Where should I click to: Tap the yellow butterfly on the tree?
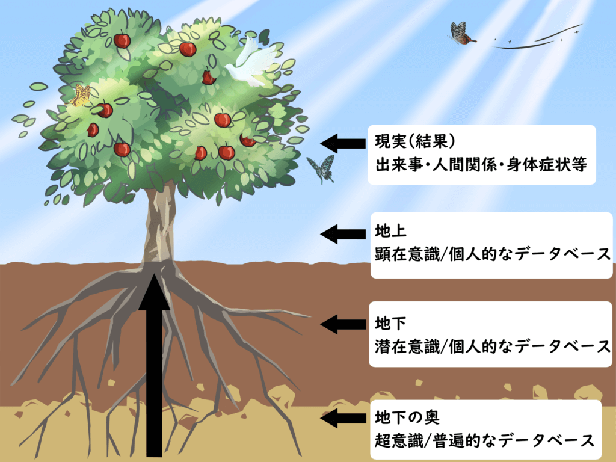tap(81, 96)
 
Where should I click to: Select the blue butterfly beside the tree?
tap(321, 169)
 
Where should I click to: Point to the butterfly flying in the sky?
tap(461, 34)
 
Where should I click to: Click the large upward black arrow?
tap(155, 365)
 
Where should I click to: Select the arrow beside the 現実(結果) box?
tap(343, 143)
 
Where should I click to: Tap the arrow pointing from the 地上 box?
tap(343, 234)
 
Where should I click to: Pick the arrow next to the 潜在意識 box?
tap(343, 324)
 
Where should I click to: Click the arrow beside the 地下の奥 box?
tap(343, 418)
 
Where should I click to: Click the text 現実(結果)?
tap(415, 141)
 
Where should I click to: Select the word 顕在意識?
tap(407, 254)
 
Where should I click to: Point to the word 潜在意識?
tap(407, 346)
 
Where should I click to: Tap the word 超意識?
tap(399, 440)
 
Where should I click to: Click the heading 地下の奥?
tap(407, 417)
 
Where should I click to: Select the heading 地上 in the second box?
tap(390, 231)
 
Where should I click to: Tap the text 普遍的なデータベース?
tap(513, 440)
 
